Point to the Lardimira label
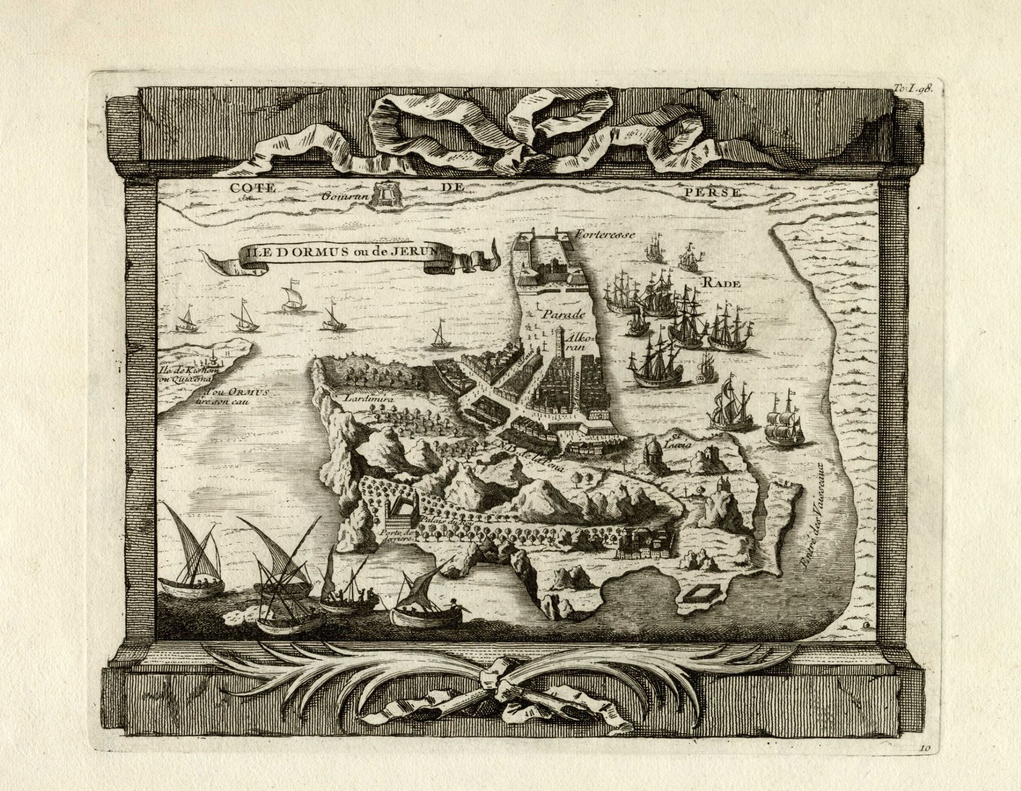tap(368, 400)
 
